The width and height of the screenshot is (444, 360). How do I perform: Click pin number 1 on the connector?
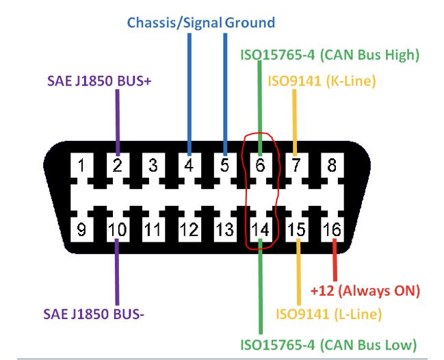(x=81, y=165)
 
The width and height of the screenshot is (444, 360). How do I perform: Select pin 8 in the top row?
(x=332, y=165)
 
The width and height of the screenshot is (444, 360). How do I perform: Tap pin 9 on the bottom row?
(x=81, y=229)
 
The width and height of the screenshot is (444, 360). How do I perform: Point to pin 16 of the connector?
(x=332, y=229)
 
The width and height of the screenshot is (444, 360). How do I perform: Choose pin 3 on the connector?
(x=153, y=165)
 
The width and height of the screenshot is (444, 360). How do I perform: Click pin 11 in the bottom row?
(x=153, y=229)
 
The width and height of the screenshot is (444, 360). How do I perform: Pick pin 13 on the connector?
(x=224, y=229)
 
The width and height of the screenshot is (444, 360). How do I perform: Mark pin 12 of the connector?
(x=189, y=229)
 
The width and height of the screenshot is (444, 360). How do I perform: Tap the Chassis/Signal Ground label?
(x=201, y=23)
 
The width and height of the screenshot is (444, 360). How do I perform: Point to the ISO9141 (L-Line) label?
(x=328, y=314)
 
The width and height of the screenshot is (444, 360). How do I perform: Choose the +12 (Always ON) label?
(x=365, y=290)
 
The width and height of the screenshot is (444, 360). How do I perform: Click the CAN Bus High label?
(x=329, y=54)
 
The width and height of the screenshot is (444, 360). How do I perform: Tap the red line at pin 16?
(x=335, y=259)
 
